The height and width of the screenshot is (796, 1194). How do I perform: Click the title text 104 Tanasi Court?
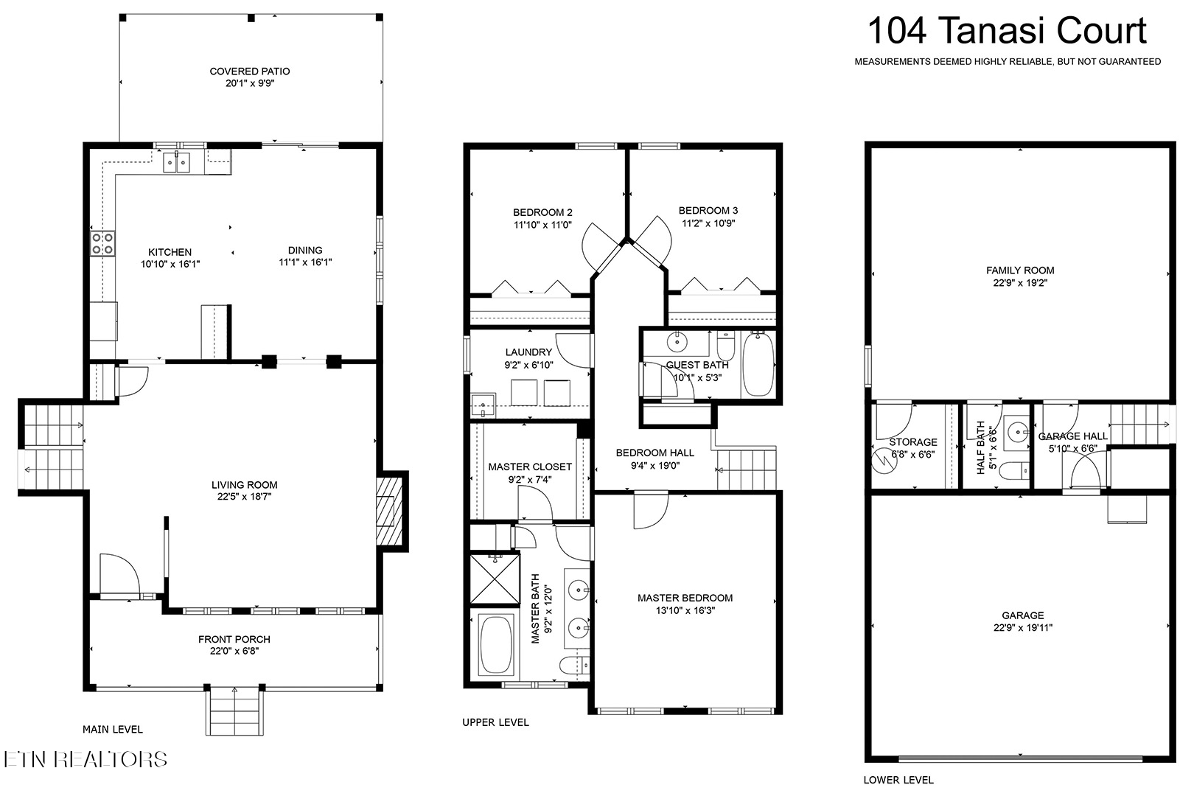(x=1007, y=31)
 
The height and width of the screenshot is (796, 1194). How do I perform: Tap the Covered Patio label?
(x=249, y=71)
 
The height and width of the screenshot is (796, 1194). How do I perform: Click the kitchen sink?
(x=176, y=162)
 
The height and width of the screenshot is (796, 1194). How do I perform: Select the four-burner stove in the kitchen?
(x=102, y=243)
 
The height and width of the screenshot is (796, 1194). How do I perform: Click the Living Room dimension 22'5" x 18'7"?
(x=244, y=497)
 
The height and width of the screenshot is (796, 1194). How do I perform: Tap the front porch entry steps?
(x=234, y=711)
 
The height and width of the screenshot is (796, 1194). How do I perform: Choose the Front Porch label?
(x=234, y=639)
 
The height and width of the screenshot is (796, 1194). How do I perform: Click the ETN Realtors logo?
(x=85, y=759)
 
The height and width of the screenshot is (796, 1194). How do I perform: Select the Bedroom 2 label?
(x=542, y=212)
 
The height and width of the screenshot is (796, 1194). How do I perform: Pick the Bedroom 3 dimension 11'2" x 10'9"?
(x=708, y=223)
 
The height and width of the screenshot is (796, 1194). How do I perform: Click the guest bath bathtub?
(x=758, y=363)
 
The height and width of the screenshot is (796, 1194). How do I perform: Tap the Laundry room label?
(x=528, y=352)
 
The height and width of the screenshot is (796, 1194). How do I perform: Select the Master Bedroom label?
(x=685, y=598)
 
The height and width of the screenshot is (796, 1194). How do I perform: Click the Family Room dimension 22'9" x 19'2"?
(x=1020, y=282)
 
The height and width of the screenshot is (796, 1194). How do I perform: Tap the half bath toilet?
(x=1013, y=471)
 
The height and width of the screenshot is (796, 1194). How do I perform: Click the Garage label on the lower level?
(x=1022, y=615)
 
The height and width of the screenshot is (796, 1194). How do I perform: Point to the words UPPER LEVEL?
(x=496, y=722)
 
